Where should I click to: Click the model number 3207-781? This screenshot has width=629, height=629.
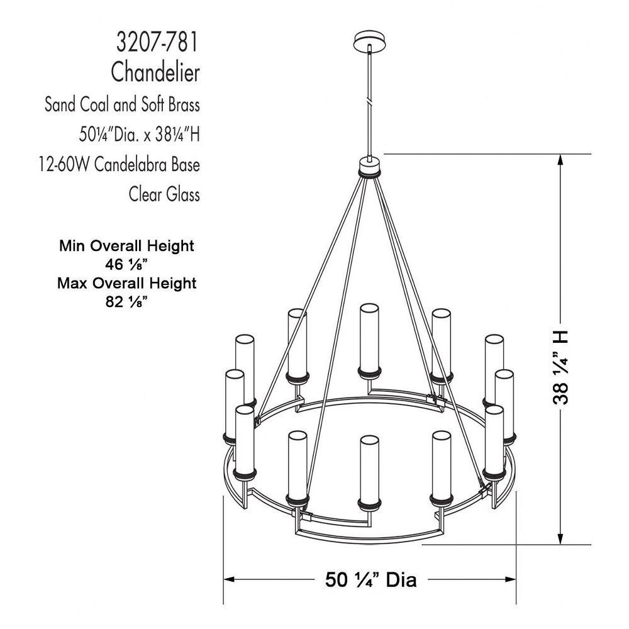pos(157,43)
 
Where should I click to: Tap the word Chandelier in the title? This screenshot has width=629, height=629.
pos(155,72)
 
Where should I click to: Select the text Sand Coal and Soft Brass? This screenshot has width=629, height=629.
pos(122,104)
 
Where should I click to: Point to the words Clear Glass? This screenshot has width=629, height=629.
pos(164,194)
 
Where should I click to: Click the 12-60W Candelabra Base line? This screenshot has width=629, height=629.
pos(119,164)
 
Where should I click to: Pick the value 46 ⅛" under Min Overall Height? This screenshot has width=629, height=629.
pos(126,265)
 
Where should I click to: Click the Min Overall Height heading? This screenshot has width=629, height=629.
pos(127,245)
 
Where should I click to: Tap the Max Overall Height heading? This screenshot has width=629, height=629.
pos(127,283)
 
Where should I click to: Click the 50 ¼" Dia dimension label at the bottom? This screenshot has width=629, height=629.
pos(371,580)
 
